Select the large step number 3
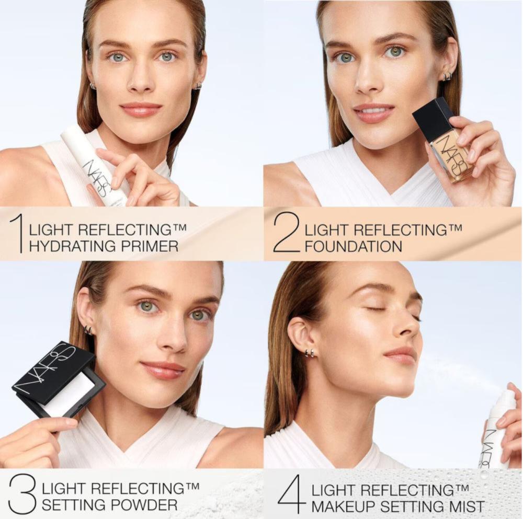point(22,494)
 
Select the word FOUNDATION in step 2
point(353,247)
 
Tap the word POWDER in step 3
point(144,505)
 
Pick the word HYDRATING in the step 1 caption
point(72,246)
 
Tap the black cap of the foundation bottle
point(433,117)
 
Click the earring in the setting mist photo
point(310,353)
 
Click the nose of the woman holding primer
point(140,80)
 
